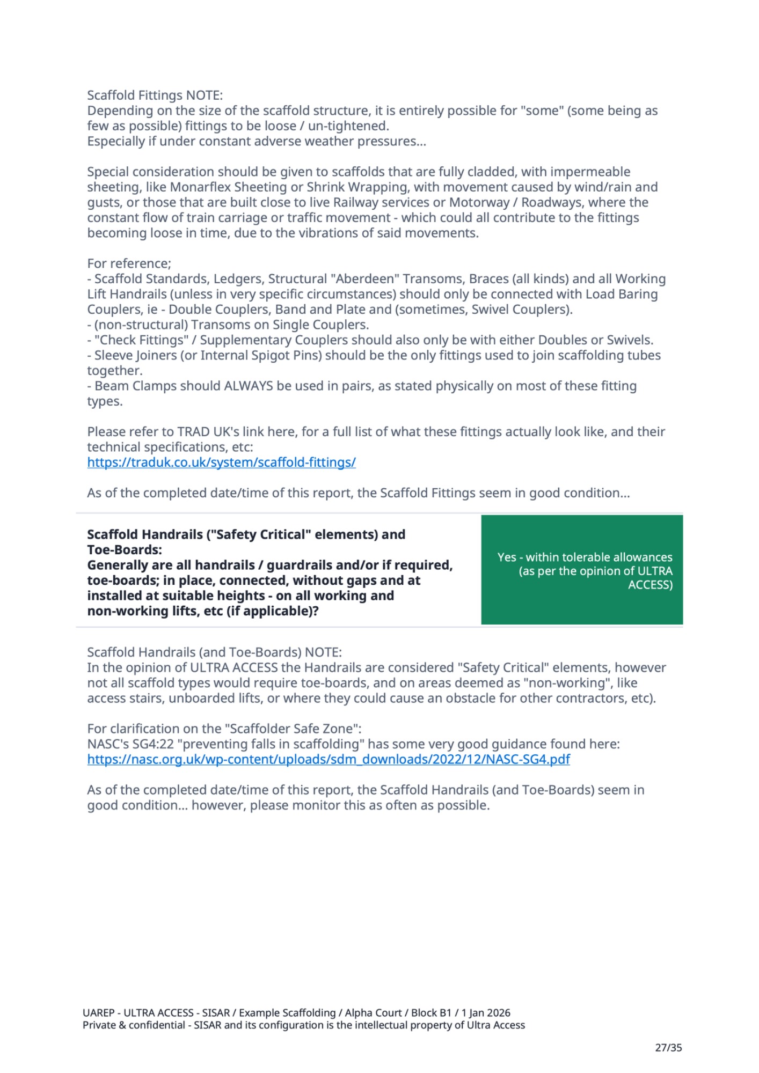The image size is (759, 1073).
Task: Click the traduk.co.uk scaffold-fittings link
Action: (x=221, y=462)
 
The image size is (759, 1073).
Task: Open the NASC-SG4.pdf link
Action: (x=329, y=759)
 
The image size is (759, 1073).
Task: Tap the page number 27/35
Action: (x=668, y=1047)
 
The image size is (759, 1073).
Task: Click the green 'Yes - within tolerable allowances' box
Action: (x=582, y=570)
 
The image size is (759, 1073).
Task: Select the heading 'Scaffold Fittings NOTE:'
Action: (x=155, y=95)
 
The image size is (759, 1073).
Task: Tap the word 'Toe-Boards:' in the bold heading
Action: (x=125, y=550)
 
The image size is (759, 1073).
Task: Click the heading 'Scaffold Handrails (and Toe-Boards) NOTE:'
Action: (x=214, y=652)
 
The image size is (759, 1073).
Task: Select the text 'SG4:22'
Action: (x=156, y=744)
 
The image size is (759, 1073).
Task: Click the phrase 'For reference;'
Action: (x=129, y=263)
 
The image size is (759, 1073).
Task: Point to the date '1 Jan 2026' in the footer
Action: (x=486, y=1013)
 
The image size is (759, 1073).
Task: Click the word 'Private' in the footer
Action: (x=99, y=1025)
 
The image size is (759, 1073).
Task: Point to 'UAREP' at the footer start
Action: (x=98, y=1013)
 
